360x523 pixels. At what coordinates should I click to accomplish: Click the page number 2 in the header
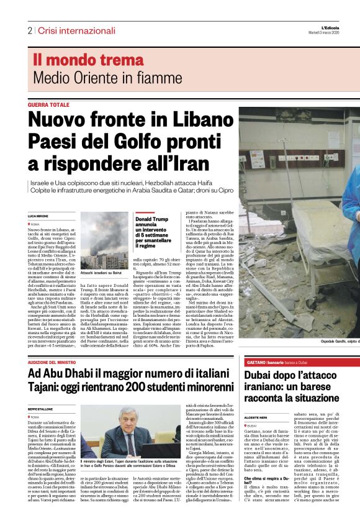click(x=29, y=30)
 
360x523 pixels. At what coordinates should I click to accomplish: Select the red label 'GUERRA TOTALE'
click(x=49, y=105)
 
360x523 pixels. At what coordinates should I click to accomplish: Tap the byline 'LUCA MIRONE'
click(x=38, y=215)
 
